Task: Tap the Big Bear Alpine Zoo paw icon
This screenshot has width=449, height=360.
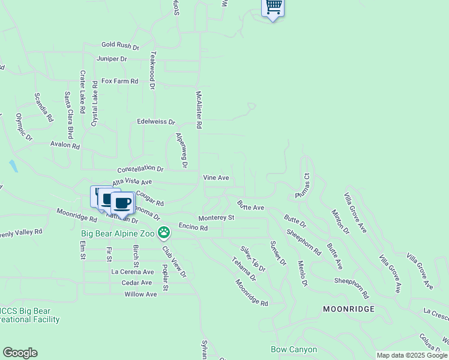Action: [164, 232]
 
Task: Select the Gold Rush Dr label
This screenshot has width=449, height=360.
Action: [120, 45]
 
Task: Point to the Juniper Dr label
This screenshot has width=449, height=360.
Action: [112, 59]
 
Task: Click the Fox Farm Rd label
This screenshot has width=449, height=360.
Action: [119, 81]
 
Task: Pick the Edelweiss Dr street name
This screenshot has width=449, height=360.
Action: [156, 121]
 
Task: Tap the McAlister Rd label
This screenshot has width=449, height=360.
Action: [199, 110]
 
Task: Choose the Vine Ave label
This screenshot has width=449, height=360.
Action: [216, 178]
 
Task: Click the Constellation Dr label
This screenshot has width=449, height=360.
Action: [140, 170]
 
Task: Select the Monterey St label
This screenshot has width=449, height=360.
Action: [216, 218]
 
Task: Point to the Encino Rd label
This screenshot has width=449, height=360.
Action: [193, 227]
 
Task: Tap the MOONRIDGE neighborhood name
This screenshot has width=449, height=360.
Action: [349, 308]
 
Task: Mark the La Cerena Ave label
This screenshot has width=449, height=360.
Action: [133, 271]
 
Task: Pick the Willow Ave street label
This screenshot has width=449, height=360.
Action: [140, 294]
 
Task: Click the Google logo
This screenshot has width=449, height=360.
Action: [20, 353]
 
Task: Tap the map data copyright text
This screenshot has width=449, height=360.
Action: [412, 355]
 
